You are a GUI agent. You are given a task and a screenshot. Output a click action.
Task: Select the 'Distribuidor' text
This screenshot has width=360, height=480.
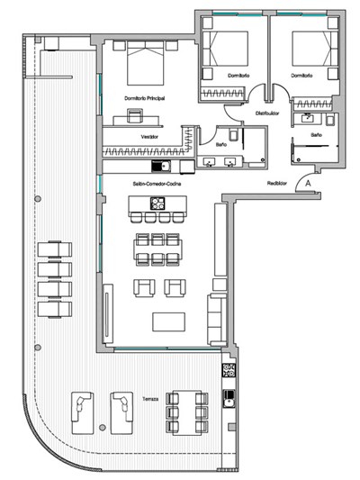[267, 113]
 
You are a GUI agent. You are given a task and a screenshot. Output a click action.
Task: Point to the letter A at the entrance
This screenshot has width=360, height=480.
[309, 183]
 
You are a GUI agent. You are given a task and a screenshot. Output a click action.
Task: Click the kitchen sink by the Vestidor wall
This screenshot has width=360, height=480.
[160, 167]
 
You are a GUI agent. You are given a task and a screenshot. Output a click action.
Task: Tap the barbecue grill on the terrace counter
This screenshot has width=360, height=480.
[229, 370]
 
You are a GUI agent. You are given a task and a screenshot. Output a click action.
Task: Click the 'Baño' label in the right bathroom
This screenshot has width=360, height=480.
[316, 134]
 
